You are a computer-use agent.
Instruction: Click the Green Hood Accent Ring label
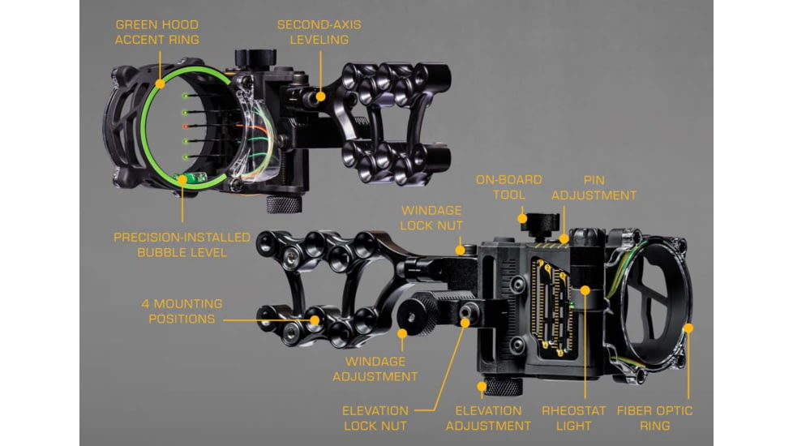[x=156, y=32]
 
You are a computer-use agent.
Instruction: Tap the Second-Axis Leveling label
[x=319, y=32]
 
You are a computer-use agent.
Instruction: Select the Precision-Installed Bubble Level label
[x=182, y=245]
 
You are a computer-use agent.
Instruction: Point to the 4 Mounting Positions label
[x=182, y=311]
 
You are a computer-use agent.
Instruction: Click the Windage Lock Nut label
[x=431, y=218]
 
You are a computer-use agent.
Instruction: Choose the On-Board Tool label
[x=508, y=187]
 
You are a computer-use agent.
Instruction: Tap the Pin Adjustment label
[x=594, y=187]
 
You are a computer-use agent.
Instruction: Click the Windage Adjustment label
[x=375, y=369]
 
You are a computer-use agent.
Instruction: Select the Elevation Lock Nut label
[x=375, y=418]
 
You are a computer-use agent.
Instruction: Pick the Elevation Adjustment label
[x=488, y=418]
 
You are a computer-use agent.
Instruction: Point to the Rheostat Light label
[x=573, y=418]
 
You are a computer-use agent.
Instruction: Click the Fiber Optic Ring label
[x=654, y=418]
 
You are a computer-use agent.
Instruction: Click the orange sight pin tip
[x=186, y=126]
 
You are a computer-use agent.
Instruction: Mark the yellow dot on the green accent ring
[x=160, y=84]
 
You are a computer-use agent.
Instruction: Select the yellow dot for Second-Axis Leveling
[x=320, y=96]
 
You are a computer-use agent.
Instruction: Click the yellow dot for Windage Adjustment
[x=402, y=334]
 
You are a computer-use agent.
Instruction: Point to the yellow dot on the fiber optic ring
[x=688, y=328]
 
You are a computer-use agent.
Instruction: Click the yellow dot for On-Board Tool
[x=522, y=218]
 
